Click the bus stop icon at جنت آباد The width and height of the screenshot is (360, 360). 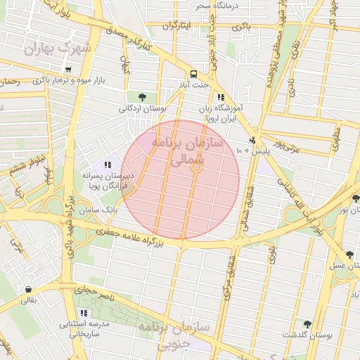click(x=192, y=74)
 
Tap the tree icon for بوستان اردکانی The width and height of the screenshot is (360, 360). click(x=143, y=96)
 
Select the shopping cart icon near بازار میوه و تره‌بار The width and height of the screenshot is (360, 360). click(x=67, y=69)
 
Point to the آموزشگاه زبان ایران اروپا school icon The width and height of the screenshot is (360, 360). click(x=221, y=97)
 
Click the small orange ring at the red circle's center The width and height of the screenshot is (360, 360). click(x=197, y=167)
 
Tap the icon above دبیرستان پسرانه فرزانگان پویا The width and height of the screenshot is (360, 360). click(x=107, y=164)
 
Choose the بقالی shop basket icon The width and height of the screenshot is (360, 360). click(x=28, y=289)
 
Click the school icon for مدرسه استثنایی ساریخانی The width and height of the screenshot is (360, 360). click(x=84, y=312)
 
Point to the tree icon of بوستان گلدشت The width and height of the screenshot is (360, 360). click(x=307, y=323)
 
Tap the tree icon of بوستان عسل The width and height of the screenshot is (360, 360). click(x=349, y=254)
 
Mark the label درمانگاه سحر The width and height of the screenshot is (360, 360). click(x=218, y=6)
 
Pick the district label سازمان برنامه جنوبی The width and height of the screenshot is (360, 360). click(x=164, y=336)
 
